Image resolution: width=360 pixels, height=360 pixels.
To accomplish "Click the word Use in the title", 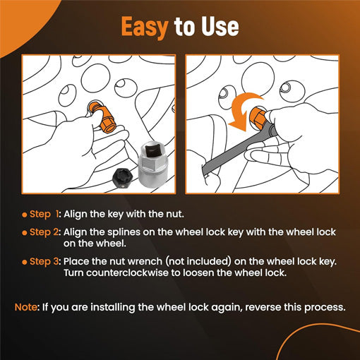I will (217, 27).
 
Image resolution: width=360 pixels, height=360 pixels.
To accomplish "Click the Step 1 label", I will (44, 214).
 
